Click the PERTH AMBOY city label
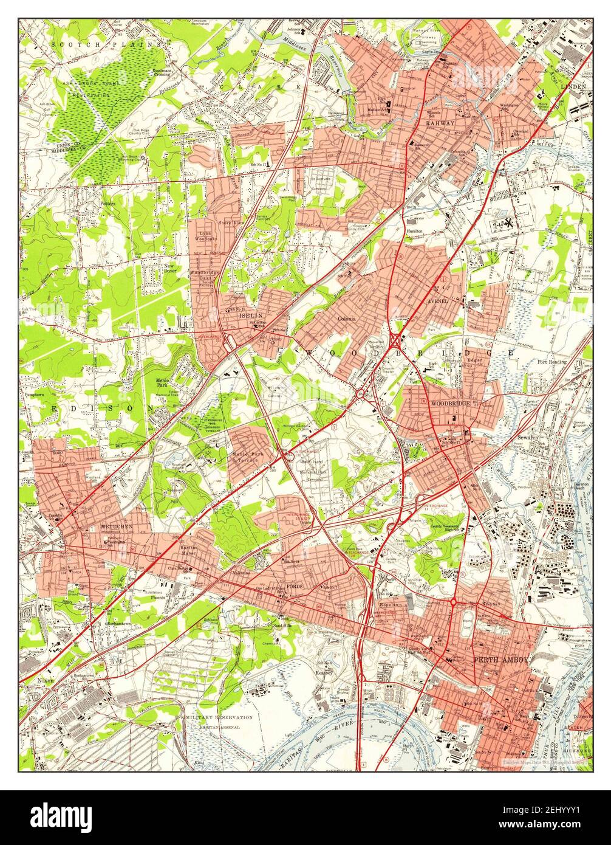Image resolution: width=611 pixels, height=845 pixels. pyautogui.click(x=501, y=660)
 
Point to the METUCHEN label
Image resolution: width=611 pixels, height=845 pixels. pyautogui.click(x=117, y=526)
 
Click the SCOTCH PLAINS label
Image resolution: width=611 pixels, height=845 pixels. pyautogui.click(x=107, y=44)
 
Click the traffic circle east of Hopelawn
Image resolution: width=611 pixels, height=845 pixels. pyautogui.click(x=453, y=602)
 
